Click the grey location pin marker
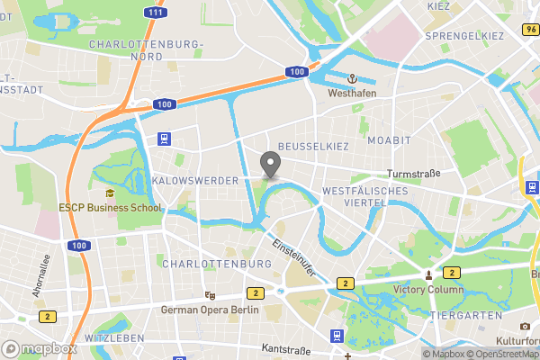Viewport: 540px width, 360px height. (x=269, y=165)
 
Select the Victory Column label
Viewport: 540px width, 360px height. (x=428, y=290)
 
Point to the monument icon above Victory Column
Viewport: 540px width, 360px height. (x=428, y=274)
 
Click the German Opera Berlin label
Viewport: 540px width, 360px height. (x=209, y=310)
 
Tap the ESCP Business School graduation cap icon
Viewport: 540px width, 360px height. (x=110, y=193)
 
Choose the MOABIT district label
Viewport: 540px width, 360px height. (x=389, y=141)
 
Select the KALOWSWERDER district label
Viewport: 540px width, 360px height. (x=195, y=181)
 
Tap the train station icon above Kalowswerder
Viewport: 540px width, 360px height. (x=164, y=139)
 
